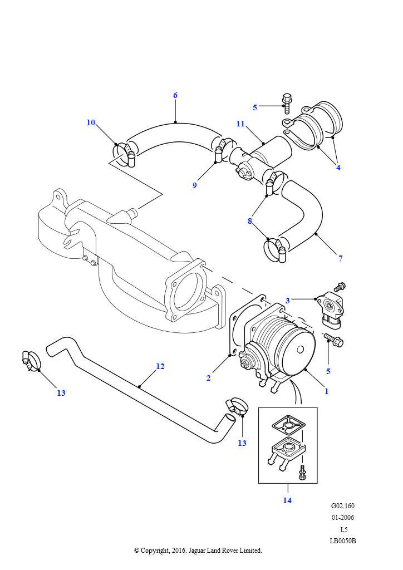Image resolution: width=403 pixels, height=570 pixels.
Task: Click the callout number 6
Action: click(x=175, y=95)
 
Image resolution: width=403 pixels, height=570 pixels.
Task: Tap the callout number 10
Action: click(x=91, y=122)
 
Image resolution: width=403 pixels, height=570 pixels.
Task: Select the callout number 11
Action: click(x=240, y=124)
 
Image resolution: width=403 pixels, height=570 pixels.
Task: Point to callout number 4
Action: click(x=338, y=166)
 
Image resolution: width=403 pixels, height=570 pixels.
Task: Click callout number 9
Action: click(x=194, y=185)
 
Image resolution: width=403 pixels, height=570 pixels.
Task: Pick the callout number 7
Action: click(x=340, y=258)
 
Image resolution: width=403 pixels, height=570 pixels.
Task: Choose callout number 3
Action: click(x=288, y=300)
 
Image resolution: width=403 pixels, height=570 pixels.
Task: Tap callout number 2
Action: click(x=208, y=378)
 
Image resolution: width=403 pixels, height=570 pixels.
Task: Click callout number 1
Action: click(x=326, y=391)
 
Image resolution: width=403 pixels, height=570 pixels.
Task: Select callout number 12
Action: click(x=160, y=366)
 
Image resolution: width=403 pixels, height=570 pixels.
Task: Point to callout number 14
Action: click(x=287, y=500)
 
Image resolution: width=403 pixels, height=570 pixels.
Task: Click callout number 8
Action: click(x=250, y=220)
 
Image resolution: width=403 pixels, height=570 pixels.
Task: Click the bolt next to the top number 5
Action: click(x=288, y=100)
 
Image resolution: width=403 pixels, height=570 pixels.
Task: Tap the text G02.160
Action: click(x=342, y=506)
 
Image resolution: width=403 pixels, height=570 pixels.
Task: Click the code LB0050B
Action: click(x=342, y=540)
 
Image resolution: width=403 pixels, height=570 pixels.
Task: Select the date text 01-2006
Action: click(x=342, y=518)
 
